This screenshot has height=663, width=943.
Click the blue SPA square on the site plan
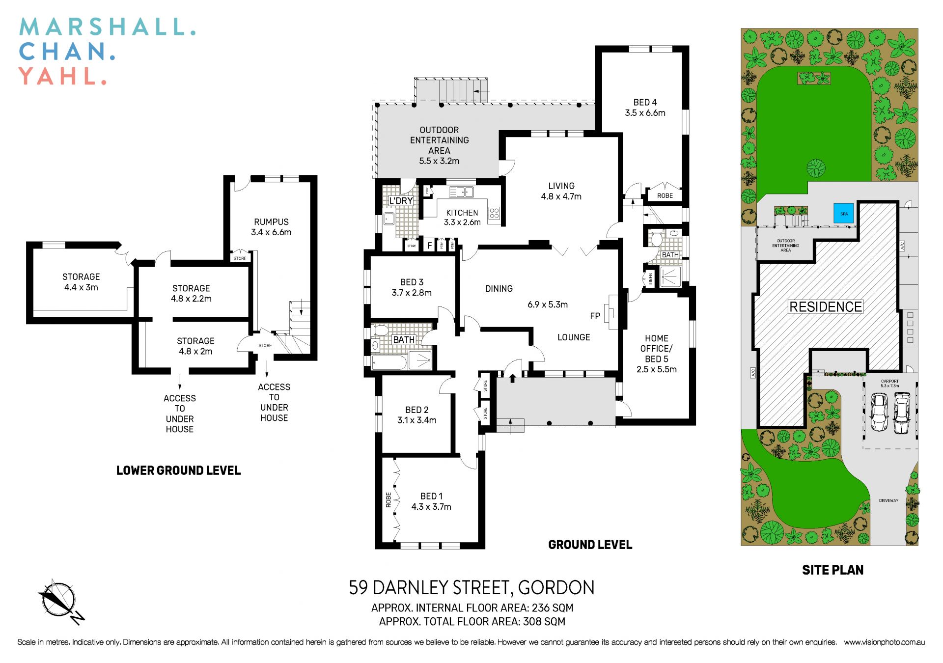tap(844, 214)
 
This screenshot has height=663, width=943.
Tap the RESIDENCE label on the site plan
tap(826, 307)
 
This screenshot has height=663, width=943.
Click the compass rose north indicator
tap(59, 600)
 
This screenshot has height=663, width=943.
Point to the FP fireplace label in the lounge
tap(595, 316)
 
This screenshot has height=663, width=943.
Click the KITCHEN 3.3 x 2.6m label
tap(462, 217)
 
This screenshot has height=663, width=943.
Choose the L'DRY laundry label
tap(401, 201)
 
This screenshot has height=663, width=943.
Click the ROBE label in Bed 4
tap(665, 195)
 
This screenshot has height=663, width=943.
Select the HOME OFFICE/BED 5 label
tap(656, 354)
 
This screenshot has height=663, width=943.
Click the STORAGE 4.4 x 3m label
tap(81, 282)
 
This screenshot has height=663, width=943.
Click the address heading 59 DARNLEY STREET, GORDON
tap(471, 587)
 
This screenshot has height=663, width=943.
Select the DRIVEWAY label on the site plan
tap(888, 500)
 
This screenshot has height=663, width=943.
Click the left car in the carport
tap(879, 413)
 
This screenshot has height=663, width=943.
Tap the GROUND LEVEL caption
tap(590, 545)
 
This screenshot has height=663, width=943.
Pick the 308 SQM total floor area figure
tap(544, 622)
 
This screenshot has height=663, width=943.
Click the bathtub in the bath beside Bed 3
tap(389, 363)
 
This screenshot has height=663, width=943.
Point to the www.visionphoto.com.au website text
tap(884, 642)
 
